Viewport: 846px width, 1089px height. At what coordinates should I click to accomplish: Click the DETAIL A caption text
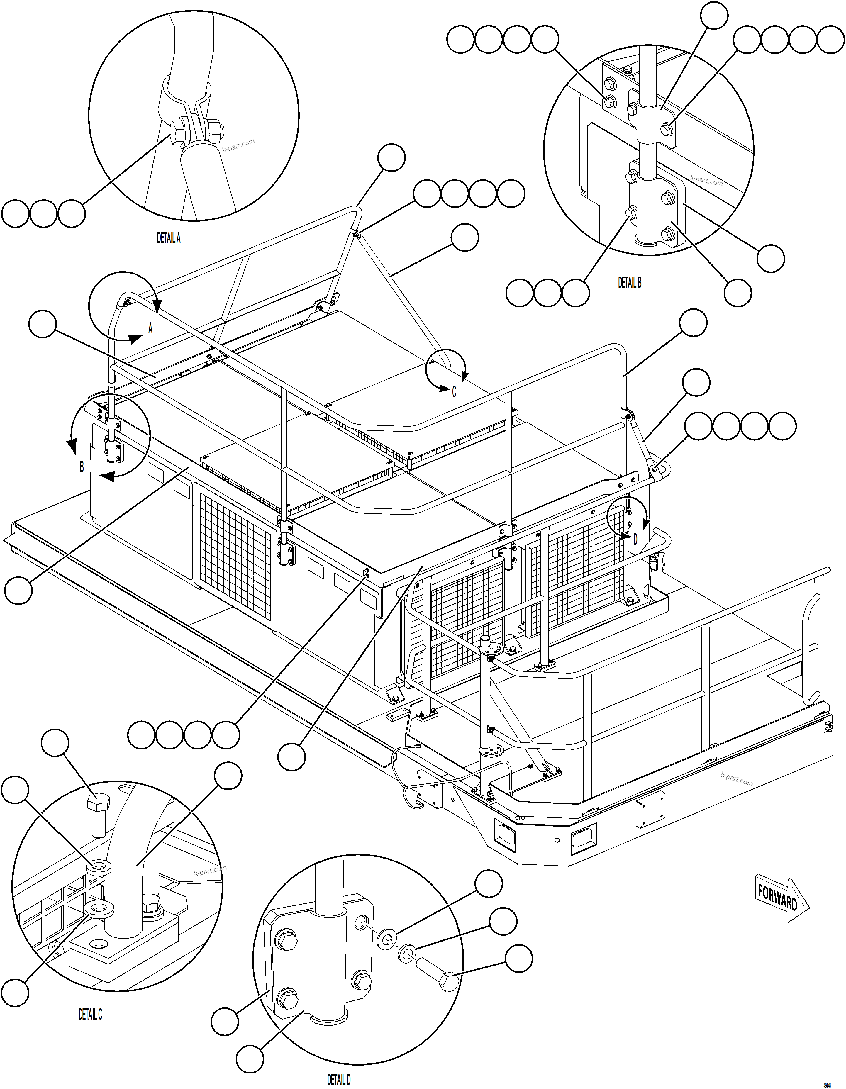point(169,238)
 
